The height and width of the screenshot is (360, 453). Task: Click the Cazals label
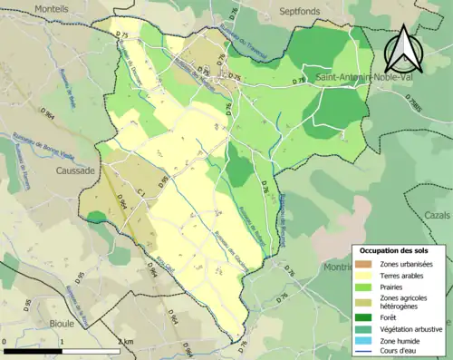click(x=438, y=215)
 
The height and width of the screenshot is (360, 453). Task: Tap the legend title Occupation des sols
click(x=394, y=250)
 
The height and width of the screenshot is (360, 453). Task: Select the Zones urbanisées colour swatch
click(x=368, y=264)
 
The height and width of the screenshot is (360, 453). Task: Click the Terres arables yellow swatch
click(x=368, y=275)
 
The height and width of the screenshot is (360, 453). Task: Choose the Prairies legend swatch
click(x=368, y=287)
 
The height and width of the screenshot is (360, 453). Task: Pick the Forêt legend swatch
click(x=368, y=316)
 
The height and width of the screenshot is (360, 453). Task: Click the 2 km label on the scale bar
click(x=126, y=342)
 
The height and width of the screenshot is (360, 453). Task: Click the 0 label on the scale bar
click(x=5, y=342)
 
